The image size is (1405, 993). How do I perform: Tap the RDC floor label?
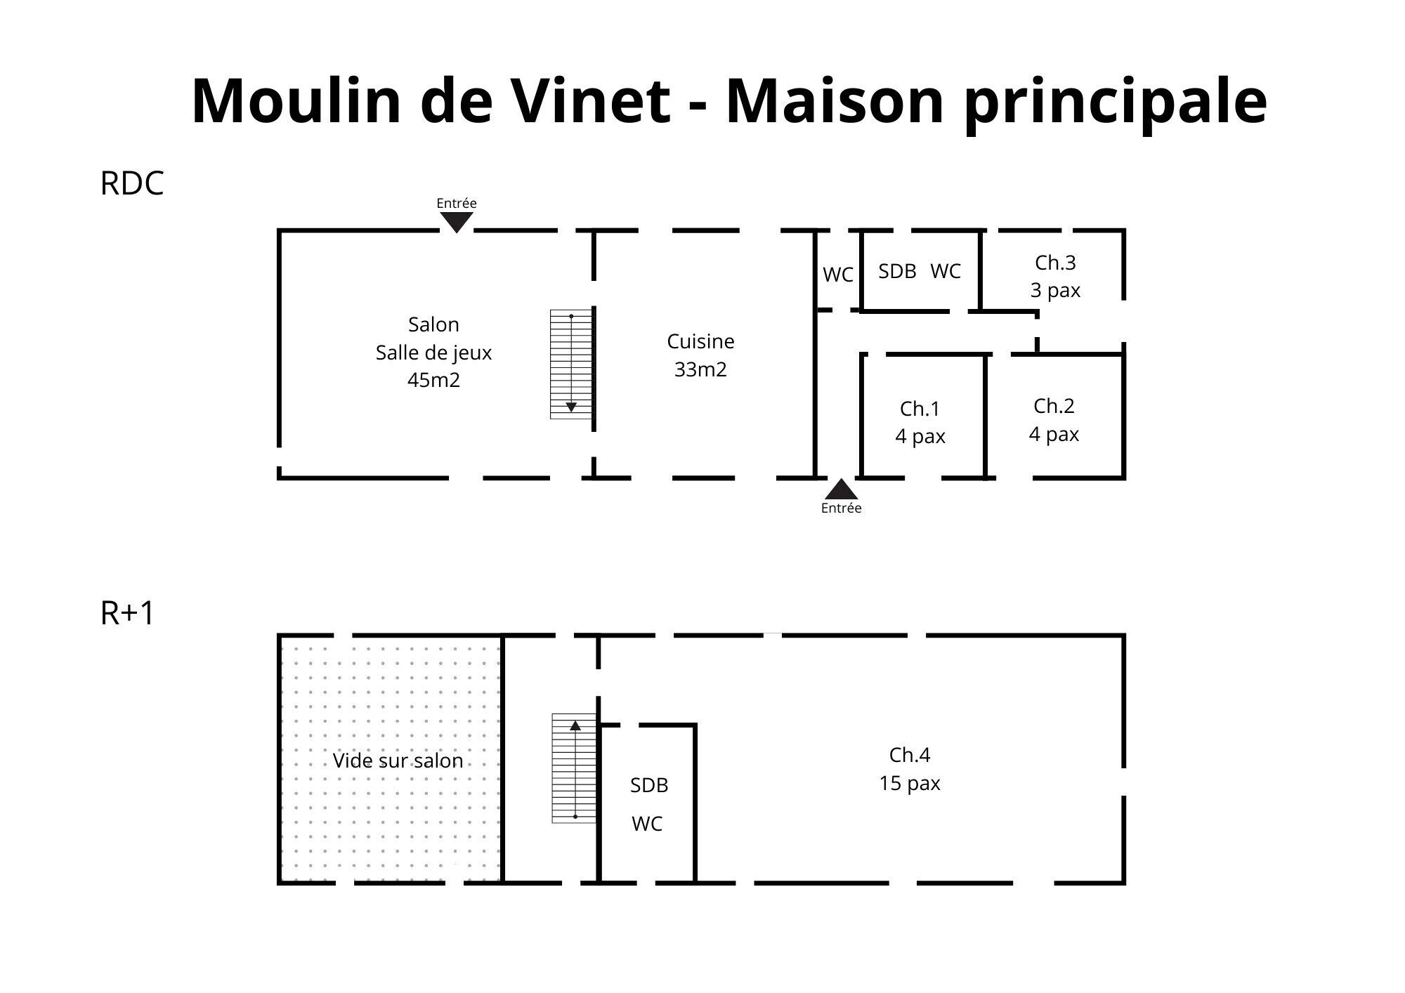click(132, 183)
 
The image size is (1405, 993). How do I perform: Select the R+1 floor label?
click(127, 613)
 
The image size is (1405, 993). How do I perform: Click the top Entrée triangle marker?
click(457, 221)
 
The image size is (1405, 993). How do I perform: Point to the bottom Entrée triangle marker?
click(841, 489)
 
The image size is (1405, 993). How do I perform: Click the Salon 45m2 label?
click(433, 352)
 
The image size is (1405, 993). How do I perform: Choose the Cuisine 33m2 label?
click(700, 355)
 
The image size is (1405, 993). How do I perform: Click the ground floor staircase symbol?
click(571, 364)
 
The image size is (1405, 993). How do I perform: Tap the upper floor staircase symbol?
click(574, 768)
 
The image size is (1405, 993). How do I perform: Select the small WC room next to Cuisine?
click(838, 275)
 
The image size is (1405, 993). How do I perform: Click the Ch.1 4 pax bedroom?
click(920, 422)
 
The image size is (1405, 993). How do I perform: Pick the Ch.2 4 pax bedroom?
click(1054, 419)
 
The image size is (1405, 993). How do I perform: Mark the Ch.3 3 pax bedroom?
click(1055, 276)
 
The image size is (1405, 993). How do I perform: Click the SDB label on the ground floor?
click(897, 271)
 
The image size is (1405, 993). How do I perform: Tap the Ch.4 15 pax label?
click(909, 768)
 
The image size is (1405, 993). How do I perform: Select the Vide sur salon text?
click(398, 761)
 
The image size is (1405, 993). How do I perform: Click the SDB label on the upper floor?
click(648, 785)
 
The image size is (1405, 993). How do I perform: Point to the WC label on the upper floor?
click(646, 824)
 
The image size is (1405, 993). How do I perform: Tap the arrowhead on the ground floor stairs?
click(571, 407)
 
